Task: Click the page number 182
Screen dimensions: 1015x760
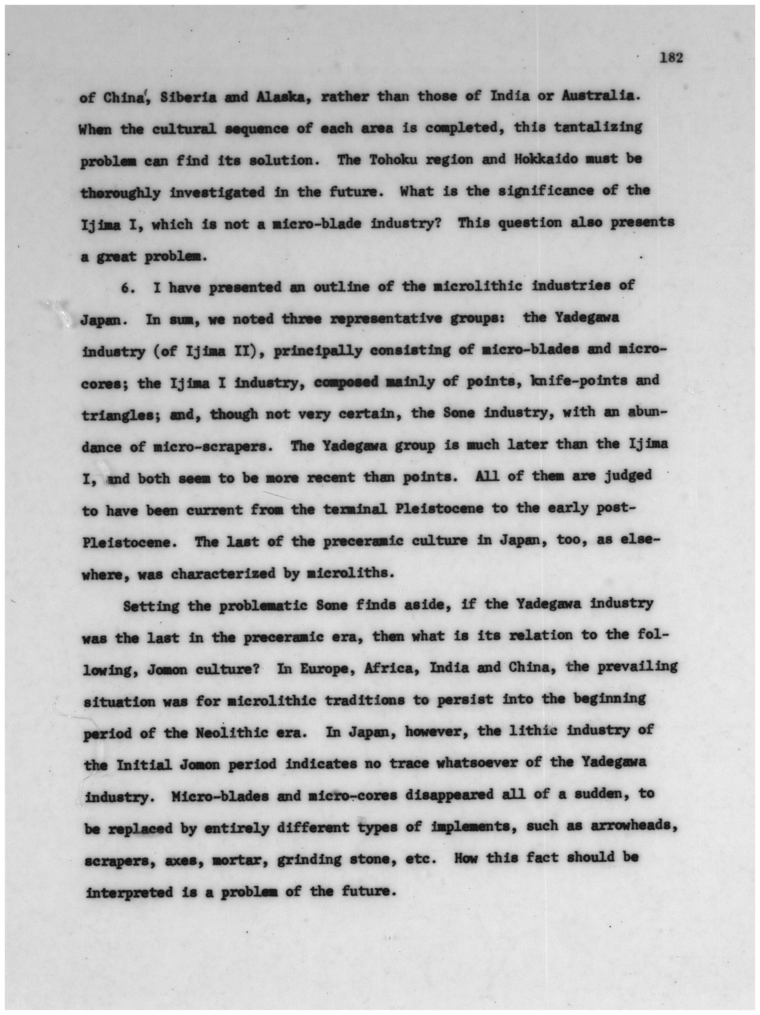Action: [x=672, y=58]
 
